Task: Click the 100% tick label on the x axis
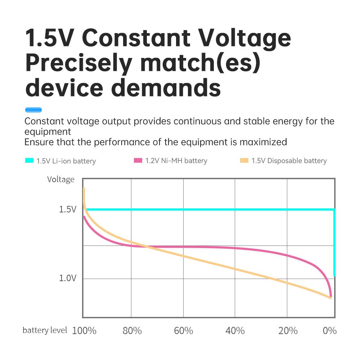click(84, 330)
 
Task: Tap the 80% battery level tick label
click(132, 330)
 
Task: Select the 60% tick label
click(184, 330)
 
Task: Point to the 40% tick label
click(235, 330)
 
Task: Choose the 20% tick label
click(288, 330)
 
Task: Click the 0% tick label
click(329, 330)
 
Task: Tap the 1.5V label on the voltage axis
click(68, 209)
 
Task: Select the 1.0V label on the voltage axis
click(68, 278)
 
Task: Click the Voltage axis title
click(60, 179)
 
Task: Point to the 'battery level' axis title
click(45, 330)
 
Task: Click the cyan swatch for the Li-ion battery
click(29, 161)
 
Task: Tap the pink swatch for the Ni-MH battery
click(138, 161)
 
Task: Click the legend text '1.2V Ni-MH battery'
click(176, 161)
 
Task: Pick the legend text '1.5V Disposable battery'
click(289, 161)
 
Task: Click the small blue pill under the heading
click(33, 110)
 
